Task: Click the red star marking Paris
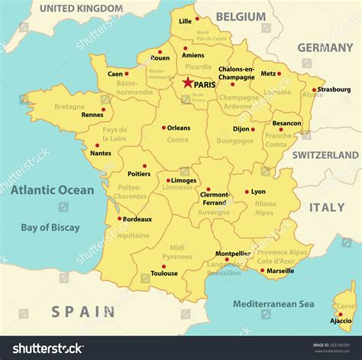coord(187,81)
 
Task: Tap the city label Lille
coord(185,21)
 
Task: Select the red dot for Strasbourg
coord(312,89)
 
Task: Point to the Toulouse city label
coord(163,274)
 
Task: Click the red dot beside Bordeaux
coord(118,219)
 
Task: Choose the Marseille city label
coord(280,271)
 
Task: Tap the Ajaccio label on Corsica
coord(341,321)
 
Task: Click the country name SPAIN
coord(84,312)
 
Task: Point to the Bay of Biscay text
coord(50,227)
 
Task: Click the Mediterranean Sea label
coord(273,303)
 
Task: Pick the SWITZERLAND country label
coord(325,154)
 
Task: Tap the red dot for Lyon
coord(247,192)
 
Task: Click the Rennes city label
coord(92,115)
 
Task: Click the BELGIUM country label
coord(241,16)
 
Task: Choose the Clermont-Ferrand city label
coord(214,198)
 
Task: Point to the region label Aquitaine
coord(134,235)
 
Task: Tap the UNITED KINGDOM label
coord(81,8)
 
